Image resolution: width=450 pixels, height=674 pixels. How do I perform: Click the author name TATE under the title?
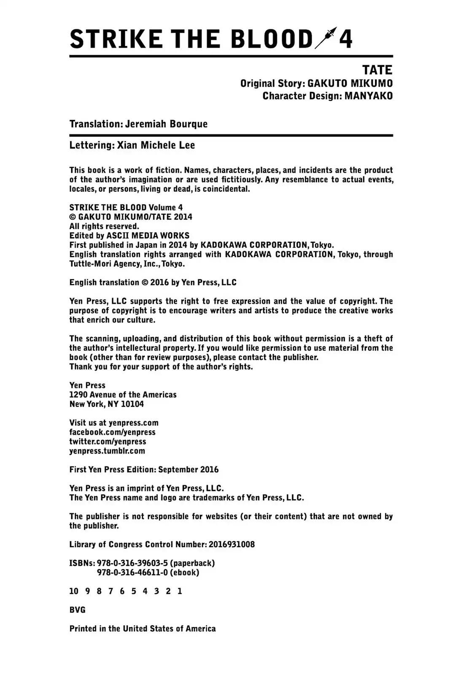377,70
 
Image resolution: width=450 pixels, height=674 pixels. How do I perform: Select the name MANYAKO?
368,96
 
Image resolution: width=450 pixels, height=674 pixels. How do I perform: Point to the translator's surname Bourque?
189,124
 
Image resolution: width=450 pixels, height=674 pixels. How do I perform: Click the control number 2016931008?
232,544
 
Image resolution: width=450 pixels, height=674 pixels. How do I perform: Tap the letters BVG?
77,610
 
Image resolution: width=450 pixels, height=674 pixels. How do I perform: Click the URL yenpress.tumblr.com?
107,451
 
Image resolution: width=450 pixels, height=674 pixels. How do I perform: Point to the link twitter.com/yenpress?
108,441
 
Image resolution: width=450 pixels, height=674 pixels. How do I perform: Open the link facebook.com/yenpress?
112,432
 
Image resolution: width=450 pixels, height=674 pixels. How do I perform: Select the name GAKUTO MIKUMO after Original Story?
350,83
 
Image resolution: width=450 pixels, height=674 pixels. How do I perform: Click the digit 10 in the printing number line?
74,591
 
